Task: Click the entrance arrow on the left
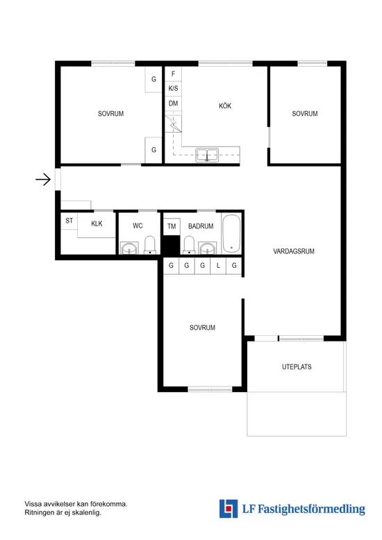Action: point(43,180)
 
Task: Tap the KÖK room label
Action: point(224,106)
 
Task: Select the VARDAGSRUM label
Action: point(294,252)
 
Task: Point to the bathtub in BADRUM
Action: point(231,234)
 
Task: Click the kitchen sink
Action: point(207,155)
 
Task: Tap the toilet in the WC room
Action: point(149,246)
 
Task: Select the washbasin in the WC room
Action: point(128,248)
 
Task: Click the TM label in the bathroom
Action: point(172,226)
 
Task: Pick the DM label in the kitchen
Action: point(173,104)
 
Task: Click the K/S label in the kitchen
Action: point(173,89)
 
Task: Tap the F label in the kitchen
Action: point(173,74)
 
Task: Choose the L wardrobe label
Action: point(218,266)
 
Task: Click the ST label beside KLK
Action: point(69,221)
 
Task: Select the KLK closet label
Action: point(97,224)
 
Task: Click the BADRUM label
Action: point(200,226)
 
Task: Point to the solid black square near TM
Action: point(171,246)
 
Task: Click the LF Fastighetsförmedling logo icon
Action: point(228,509)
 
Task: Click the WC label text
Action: point(138,226)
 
